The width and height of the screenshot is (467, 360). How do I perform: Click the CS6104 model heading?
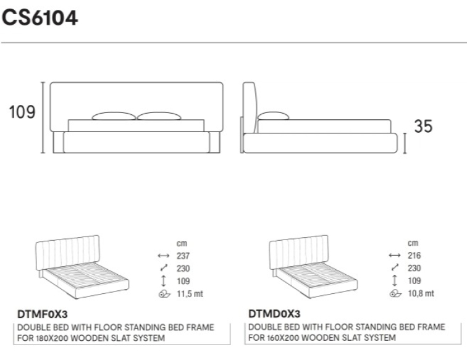coord(40,17)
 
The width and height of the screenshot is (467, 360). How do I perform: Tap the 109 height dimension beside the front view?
coord(22,112)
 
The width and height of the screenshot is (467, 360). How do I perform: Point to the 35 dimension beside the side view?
coord(423,126)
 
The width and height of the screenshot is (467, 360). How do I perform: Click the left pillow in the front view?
coord(114,116)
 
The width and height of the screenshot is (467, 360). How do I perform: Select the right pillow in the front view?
coord(159,116)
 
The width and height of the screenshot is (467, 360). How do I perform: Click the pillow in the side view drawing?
coord(273,116)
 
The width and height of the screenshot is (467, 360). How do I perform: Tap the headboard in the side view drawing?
coord(249,107)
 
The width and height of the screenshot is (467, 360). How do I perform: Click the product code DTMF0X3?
coord(43,314)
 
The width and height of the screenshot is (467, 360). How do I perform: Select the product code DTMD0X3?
coord(274,314)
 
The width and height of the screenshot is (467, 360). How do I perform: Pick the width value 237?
coord(183,256)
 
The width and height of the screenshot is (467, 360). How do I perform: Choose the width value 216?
coord(414,255)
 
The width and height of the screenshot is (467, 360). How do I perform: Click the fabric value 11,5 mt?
coord(190,294)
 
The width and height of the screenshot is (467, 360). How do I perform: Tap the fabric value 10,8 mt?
coord(421,293)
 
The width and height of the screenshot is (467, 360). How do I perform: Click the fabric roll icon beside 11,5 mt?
coord(164,294)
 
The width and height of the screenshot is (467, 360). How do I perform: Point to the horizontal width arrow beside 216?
coord(395,255)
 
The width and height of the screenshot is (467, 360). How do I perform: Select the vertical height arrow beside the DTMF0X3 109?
coord(163,281)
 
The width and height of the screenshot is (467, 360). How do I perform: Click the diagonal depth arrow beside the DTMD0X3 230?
coord(395,268)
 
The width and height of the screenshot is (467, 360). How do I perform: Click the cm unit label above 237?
coord(182,243)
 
